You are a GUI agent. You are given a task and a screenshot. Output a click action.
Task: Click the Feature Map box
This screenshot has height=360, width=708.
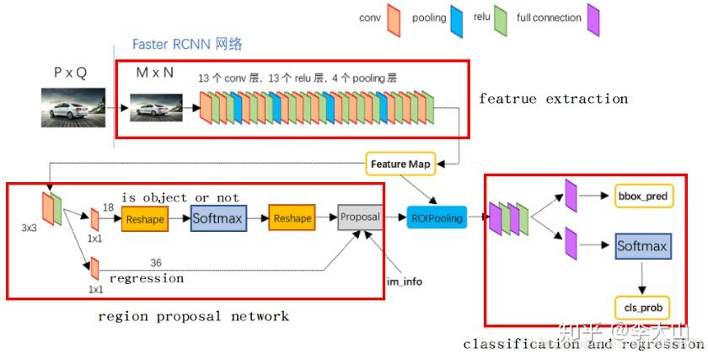pos(400,164)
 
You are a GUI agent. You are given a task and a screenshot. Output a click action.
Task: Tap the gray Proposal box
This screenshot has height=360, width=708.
pos(361,217)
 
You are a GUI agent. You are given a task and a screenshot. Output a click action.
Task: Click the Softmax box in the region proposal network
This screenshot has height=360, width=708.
pos(217,219)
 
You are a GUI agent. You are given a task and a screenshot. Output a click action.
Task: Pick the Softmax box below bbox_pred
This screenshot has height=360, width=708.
pos(642,247)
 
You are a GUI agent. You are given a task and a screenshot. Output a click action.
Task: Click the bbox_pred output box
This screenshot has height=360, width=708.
pos(642,196)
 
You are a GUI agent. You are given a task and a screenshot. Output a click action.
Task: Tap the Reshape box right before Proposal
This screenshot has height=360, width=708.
pos(292,219)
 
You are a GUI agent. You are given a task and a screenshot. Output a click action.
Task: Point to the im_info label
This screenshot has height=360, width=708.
pos(405,282)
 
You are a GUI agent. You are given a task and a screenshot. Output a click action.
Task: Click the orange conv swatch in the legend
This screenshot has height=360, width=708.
pos(393,20)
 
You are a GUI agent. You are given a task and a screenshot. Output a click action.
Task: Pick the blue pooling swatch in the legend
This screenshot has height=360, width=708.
pos(458,20)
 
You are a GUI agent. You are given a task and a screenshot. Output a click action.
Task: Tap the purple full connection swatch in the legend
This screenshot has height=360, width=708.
pos(593,20)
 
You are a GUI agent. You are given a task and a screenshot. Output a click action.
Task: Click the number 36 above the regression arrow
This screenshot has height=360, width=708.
pos(155,263)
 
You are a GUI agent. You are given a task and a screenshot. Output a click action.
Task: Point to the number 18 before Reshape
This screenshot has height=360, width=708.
pos(108,207)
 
